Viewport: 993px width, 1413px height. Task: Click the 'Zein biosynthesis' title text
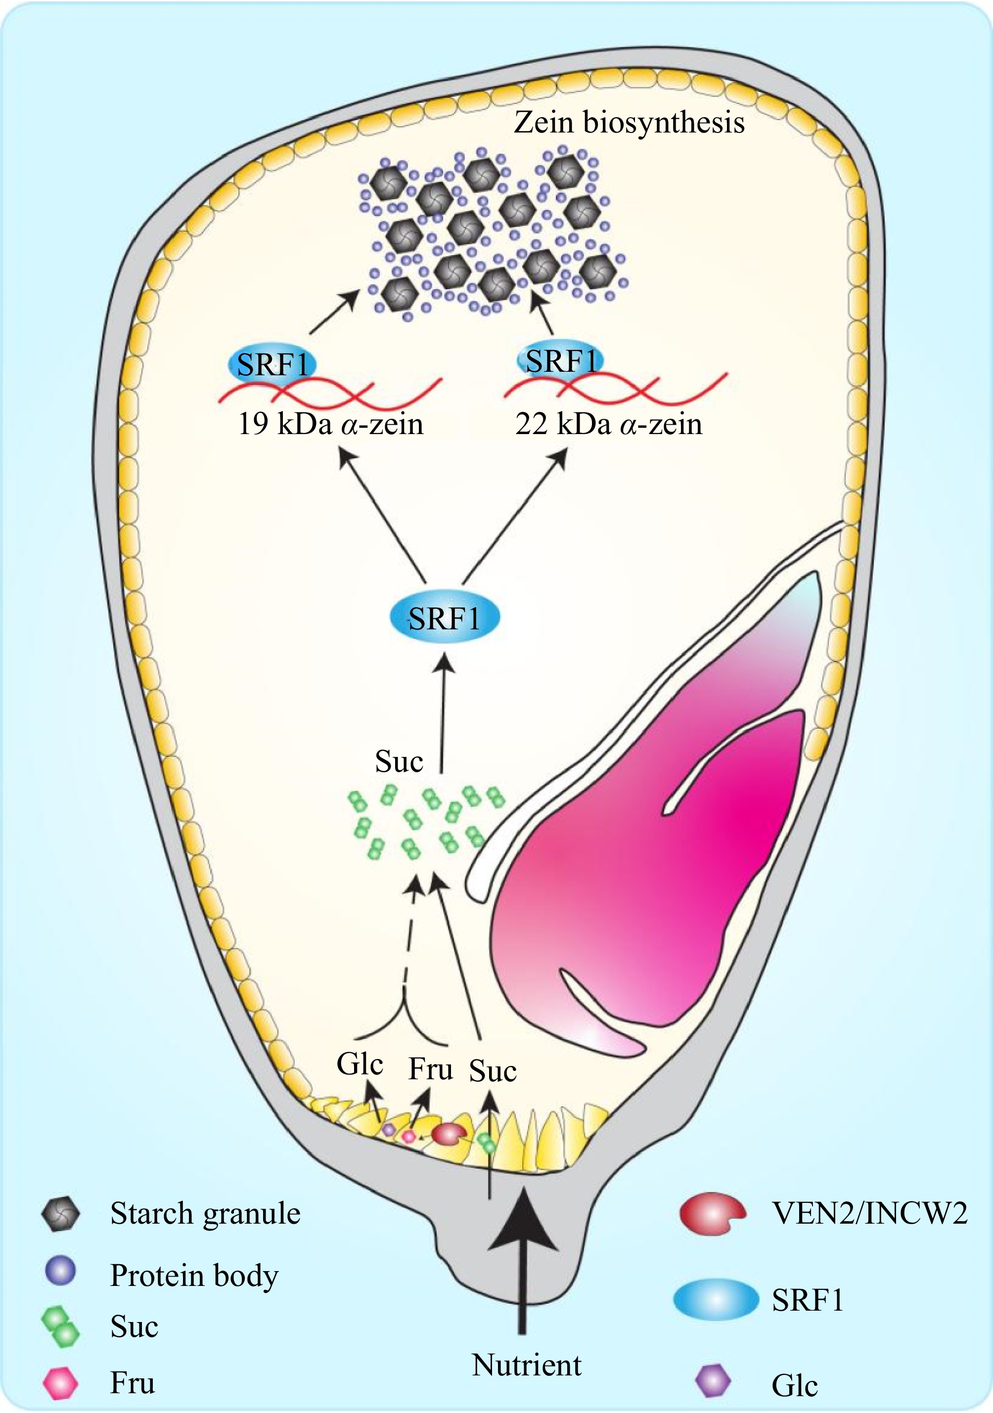click(x=629, y=123)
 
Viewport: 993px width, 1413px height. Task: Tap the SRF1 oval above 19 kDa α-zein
click(x=272, y=365)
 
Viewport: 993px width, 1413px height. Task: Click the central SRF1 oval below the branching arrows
click(x=445, y=618)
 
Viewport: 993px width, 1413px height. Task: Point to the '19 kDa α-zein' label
click(x=331, y=425)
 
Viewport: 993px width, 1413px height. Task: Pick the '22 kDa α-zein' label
click(x=608, y=425)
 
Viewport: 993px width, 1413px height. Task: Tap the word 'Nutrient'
click(x=526, y=1365)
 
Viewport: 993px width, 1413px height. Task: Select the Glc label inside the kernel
click(x=360, y=1064)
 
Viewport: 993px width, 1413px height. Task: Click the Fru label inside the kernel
click(x=430, y=1069)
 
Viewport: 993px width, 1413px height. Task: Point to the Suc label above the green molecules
click(x=399, y=762)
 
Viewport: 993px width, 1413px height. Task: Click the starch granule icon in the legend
click(x=60, y=1214)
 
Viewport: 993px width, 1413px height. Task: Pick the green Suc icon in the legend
click(x=60, y=1325)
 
